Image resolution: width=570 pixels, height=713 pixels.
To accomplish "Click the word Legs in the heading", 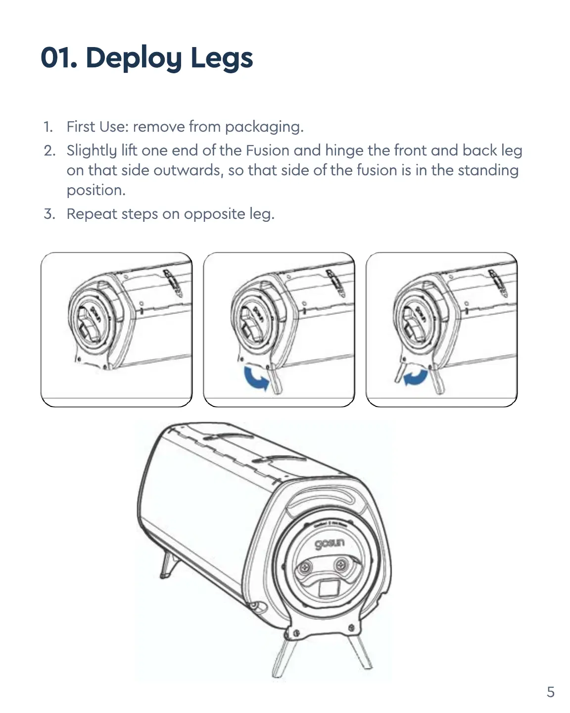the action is coord(222,58).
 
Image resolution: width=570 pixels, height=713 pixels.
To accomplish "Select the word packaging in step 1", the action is coord(264,127).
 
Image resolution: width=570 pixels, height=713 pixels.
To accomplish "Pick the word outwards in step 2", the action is coord(188,170).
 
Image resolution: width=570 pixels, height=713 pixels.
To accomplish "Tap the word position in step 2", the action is coord(96,190).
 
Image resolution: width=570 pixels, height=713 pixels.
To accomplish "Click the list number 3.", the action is coord(48,214).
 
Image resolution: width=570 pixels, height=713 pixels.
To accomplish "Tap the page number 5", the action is coord(550,692).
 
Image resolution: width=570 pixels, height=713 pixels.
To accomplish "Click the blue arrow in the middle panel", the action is coord(257,378).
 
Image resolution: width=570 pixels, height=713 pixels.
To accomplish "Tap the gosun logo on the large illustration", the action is coord(330,543).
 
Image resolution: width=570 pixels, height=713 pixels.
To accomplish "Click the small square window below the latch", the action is coord(327,589).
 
